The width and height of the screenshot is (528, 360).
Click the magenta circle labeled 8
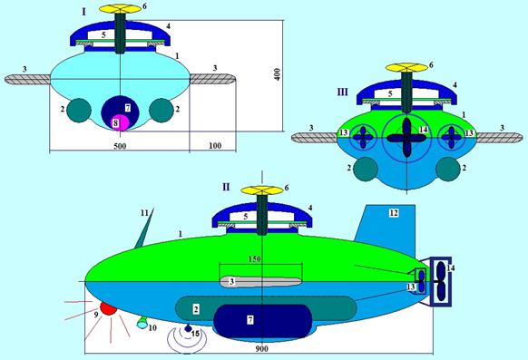[x=121, y=122]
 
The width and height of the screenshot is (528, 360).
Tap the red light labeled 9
[x=108, y=308]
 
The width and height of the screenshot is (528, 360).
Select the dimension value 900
[x=261, y=349]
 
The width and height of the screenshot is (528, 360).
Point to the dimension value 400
[x=277, y=74]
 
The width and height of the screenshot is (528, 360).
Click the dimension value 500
[x=120, y=146]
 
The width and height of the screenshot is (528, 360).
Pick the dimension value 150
[x=255, y=259]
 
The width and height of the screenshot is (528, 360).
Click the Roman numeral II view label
[x=226, y=187]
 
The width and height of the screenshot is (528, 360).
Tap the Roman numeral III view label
[x=342, y=92]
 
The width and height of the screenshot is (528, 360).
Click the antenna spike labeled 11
[x=144, y=229]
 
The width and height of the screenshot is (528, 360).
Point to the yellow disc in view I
[x=121, y=9]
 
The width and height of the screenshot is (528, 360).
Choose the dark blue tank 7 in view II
[x=263, y=321]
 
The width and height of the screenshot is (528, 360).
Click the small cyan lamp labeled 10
[x=142, y=324]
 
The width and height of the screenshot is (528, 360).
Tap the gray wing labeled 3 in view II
[x=260, y=282]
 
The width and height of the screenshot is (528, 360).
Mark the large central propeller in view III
[x=406, y=138]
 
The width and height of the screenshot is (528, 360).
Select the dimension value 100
[x=215, y=146]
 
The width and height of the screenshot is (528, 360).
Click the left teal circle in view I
[x=79, y=111]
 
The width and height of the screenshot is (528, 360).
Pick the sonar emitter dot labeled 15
[x=188, y=328]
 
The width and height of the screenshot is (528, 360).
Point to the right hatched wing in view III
[x=500, y=138]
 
